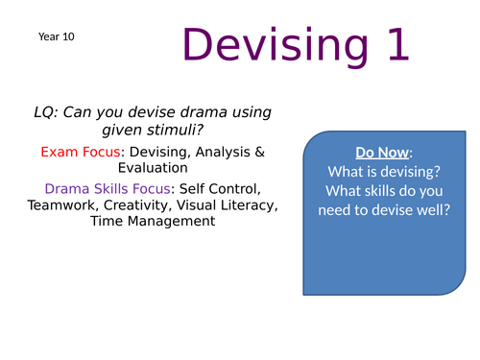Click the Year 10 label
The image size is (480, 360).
56,36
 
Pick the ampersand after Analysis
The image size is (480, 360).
254,152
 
